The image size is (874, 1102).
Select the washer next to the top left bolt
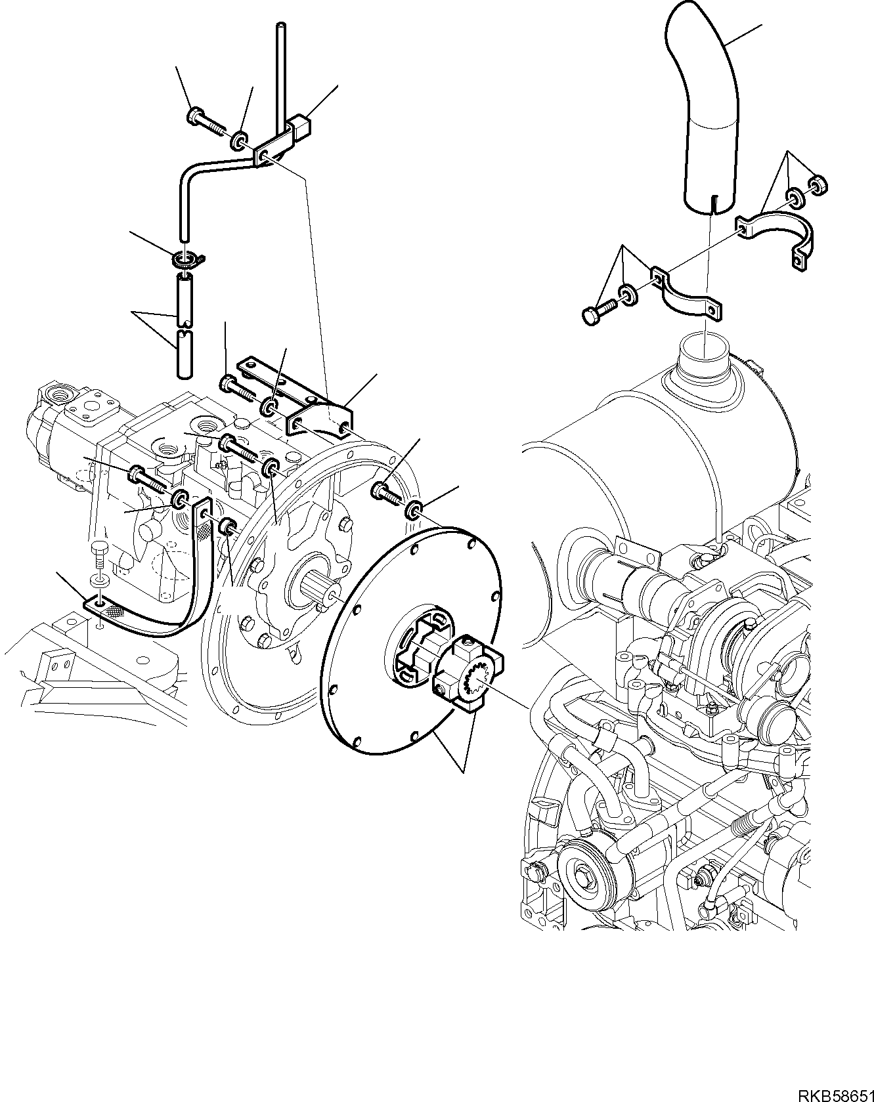tap(239, 139)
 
